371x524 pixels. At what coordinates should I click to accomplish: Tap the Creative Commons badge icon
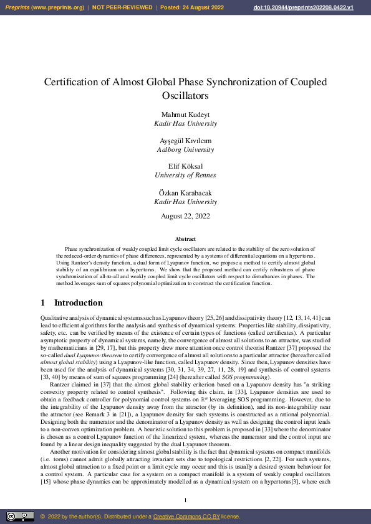20,517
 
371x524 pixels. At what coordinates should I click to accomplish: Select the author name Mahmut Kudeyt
185,115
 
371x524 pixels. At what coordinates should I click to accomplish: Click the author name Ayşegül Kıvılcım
185,141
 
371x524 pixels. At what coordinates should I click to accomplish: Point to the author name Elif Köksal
185,166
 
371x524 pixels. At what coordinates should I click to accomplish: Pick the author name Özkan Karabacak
185,193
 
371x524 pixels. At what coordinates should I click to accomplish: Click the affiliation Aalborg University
185,150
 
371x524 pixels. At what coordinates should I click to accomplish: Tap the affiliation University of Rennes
185,175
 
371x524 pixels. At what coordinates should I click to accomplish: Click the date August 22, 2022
185,216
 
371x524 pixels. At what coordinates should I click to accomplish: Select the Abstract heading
185,239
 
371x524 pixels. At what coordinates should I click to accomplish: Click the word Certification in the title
74,82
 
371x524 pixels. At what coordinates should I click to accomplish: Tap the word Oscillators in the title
185,96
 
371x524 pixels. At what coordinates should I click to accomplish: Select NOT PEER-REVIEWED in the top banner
122,7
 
